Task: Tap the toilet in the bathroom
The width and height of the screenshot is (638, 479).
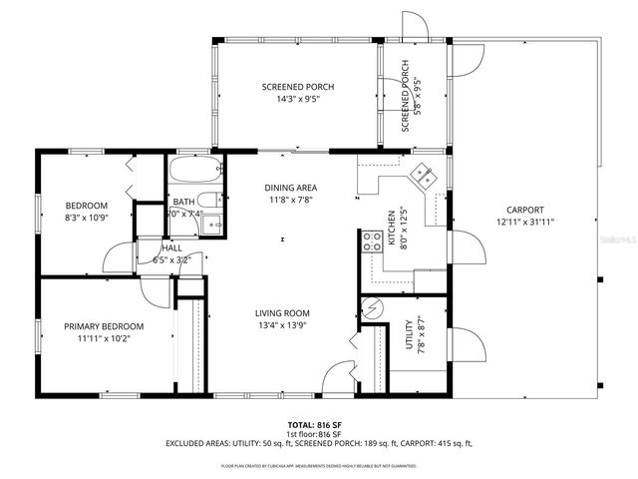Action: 207,198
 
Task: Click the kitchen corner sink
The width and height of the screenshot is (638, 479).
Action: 423,174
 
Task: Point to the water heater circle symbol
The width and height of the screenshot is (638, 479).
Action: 371,307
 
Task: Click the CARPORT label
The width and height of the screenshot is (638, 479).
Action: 524,210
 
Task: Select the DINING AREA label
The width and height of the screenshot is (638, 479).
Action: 291,188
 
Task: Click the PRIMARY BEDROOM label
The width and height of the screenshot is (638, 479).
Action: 104,326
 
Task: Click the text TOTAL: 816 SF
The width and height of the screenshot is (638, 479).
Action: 314,425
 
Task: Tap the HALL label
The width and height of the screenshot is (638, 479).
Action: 171,247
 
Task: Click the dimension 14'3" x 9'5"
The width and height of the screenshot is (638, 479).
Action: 298,100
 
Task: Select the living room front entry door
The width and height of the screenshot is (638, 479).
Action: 338,380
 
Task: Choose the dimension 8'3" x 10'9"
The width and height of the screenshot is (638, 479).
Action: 86,217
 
